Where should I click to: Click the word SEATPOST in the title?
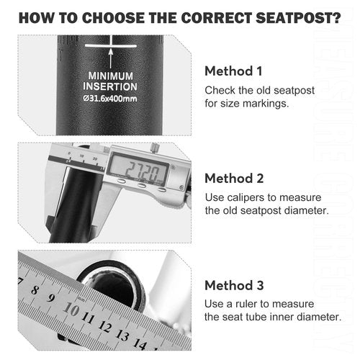(x=298, y=18)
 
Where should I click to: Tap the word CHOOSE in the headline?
(x=112, y=18)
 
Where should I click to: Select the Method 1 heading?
(x=233, y=71)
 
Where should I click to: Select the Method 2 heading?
(x=234, y=179)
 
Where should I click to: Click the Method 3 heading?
(x=234, y=285)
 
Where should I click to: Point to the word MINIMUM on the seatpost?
(x=110, y=76)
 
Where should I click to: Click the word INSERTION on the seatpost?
(x=110, y=86)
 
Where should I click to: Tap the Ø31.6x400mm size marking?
(x=110, y=99)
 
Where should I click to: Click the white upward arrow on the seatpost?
(x=111, y=58)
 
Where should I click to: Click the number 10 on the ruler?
(x=71, y=309)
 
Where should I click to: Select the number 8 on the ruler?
(x=35, y=290)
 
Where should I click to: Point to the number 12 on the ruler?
(x=105, y=326)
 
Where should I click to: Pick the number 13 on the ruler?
(x=122, y=335)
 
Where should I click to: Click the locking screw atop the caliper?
(x=155, y=147)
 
